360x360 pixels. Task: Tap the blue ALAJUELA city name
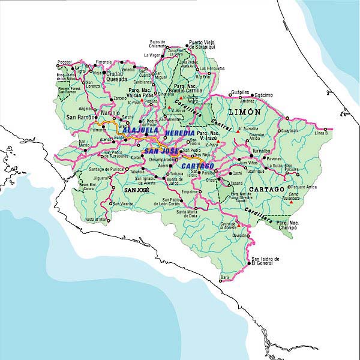tap(140, 130)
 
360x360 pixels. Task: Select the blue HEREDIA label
tap(180, 132)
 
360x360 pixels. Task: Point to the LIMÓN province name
tap(244, 112)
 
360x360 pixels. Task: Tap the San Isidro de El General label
tap(265, 260)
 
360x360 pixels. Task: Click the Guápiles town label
tap(239, 92)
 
